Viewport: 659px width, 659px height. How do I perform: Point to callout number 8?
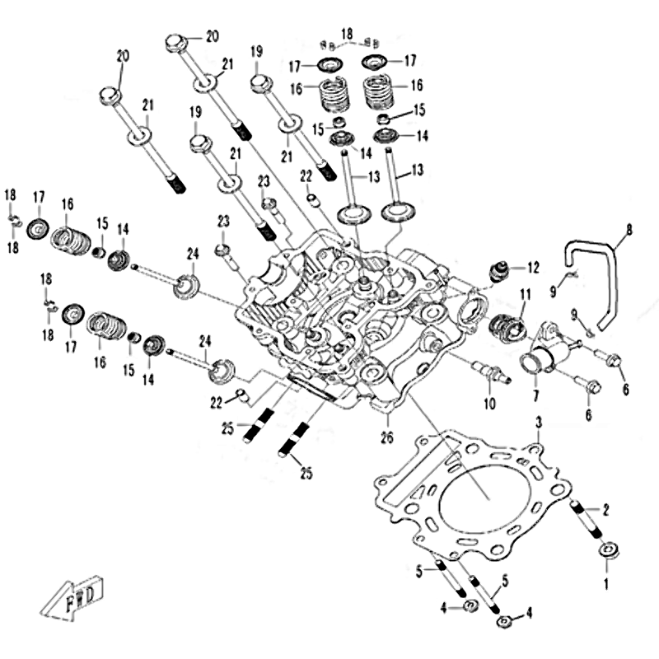pyautogui.click(x=629, y=231)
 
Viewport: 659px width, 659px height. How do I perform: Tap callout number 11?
pyautogui.click(x=525, y=294)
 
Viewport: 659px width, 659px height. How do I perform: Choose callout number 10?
pyautogui.click(x=489, y=404)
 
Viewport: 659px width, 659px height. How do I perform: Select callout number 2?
pyautogui.click(x=607, y=509)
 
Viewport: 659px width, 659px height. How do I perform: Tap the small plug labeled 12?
pyautogui.click(x=498, y=271)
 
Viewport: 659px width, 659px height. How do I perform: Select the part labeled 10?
pyautogui.click(x=496, y=374)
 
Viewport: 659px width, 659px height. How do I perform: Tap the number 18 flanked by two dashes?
pyautogui.click(x=347, y=33)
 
